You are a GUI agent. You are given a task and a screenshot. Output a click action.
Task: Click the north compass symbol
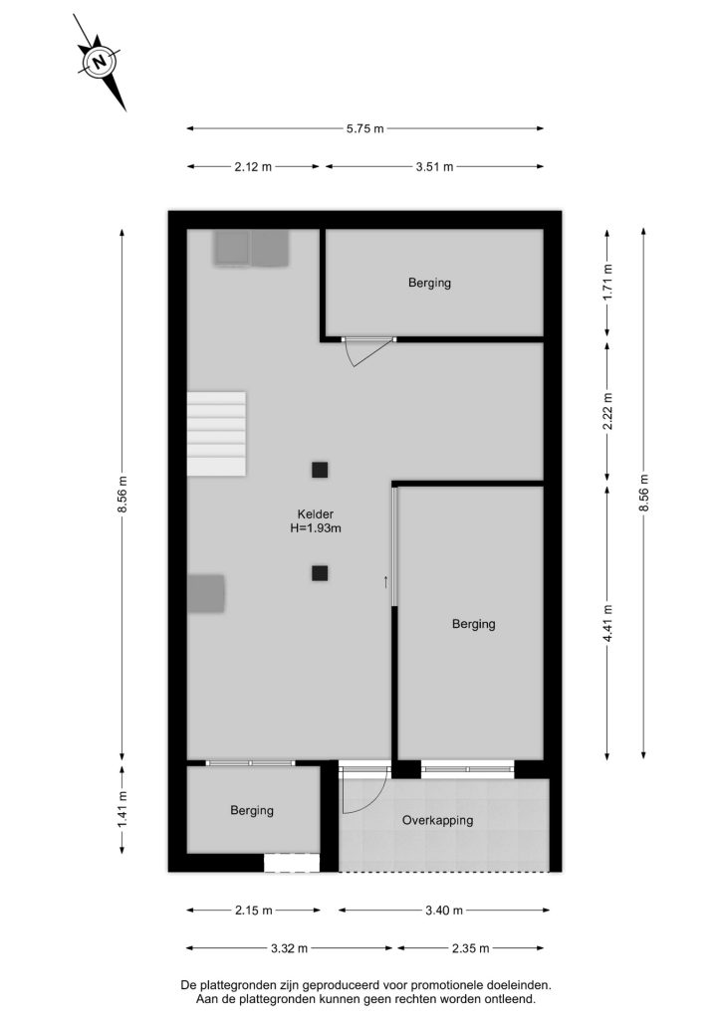100,63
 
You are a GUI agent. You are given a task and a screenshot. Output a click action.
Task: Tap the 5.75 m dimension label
364,128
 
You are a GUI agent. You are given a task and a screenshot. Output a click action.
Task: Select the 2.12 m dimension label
254,167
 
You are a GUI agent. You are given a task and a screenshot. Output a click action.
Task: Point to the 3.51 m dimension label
434,167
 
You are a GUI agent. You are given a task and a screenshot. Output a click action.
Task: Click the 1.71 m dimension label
607,282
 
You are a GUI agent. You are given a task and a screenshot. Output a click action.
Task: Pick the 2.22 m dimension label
607,411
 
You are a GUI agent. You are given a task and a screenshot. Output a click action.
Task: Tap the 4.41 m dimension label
607,623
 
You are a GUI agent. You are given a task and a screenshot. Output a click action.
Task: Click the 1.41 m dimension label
122,808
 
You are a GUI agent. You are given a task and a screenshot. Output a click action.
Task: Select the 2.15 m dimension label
254,911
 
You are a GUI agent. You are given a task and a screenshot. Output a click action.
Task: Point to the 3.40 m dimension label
444,911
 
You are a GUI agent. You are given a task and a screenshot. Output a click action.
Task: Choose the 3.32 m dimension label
290,948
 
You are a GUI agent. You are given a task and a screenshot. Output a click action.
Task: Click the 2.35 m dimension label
470,948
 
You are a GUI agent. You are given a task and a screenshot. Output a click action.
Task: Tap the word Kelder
316,514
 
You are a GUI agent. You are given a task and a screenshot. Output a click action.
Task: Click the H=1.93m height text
316,528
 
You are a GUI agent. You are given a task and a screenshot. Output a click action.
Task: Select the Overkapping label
437,820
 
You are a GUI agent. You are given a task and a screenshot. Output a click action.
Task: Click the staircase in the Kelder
216,434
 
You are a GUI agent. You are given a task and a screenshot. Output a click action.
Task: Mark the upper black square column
320,470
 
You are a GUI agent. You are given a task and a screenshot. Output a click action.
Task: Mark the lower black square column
320,573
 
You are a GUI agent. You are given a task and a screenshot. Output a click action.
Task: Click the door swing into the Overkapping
365,791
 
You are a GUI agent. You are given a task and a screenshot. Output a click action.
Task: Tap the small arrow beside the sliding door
385,581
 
